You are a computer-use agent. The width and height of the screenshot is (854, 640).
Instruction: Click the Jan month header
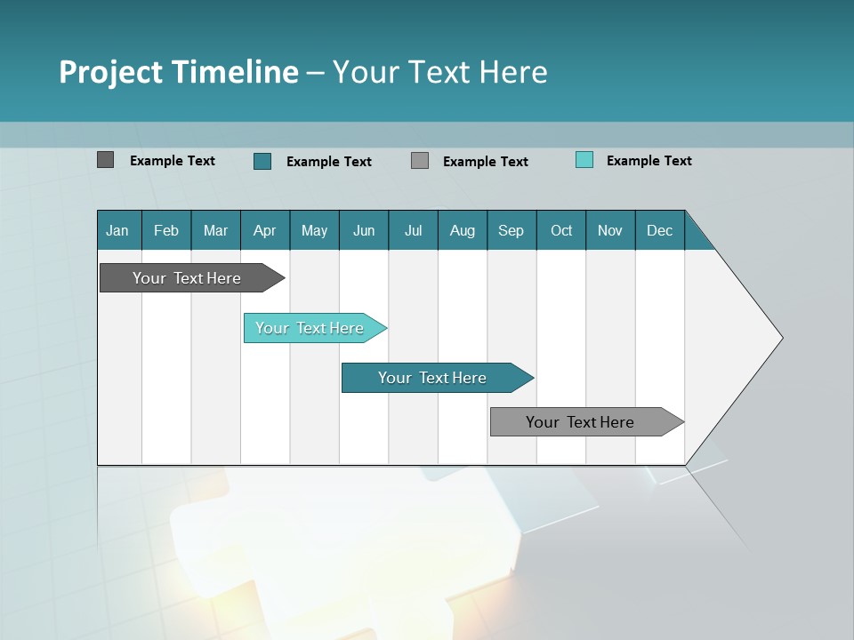coord(118,230)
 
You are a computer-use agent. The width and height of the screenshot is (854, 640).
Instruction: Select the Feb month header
coord(166,230)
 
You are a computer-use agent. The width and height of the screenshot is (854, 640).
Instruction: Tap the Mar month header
coord(215,230)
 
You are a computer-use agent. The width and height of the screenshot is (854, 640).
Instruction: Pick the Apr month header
coord(265,230)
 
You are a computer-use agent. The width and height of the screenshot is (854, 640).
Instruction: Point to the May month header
coord(314,230)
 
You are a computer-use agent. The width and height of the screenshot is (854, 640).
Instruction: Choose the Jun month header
coord(364,230)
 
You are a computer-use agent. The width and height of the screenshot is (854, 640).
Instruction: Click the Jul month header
coord(413,230)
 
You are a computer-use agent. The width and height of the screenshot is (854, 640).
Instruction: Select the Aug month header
coord(463,230)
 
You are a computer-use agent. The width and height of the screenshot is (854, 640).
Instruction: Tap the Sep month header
coord(512,230)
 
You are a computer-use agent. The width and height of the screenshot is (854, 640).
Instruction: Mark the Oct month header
coord(561,230)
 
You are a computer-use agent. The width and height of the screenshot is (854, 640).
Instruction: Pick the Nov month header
coord(610,230)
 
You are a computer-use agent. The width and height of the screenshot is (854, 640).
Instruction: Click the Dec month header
coord(660,230)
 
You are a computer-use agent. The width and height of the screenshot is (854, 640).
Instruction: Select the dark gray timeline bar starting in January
coord(187,278)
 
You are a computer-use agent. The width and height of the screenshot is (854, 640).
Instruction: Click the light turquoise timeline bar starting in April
coord(310,328)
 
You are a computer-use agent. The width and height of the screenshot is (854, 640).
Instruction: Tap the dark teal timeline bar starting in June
coord(432,378)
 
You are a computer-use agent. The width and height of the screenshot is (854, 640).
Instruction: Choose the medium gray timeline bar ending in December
coord(580,422)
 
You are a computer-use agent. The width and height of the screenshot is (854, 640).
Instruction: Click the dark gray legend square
coord(105,160)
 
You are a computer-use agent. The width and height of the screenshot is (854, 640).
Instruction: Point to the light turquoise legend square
coord(584,160)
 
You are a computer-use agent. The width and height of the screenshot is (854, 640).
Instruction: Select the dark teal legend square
coord(262,161)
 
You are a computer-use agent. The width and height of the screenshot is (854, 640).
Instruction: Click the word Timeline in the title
coord(237,72)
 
